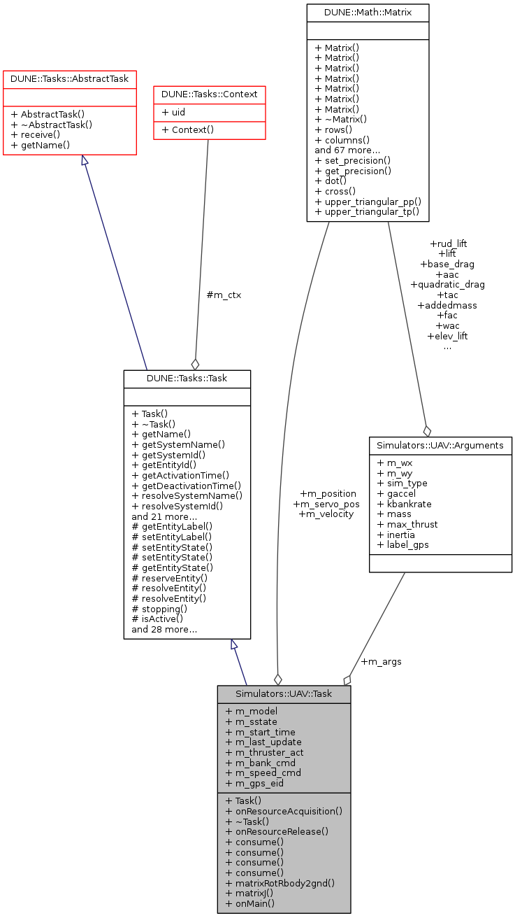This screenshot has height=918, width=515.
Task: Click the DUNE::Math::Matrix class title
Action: (368, 12)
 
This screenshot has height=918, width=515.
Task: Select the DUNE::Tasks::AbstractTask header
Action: (69, 78)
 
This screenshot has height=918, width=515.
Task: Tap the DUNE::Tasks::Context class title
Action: (209, 94)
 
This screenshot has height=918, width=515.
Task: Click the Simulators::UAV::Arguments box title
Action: (440, 445)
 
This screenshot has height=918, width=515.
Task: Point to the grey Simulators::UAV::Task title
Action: (283, 693)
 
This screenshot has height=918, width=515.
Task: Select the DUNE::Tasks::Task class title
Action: (187, 378)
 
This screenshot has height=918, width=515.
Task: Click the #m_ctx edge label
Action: (224, 295)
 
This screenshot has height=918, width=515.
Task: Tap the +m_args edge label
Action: (381, 661)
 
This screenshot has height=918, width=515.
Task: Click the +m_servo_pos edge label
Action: (326, 504)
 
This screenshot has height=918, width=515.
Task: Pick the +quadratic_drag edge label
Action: (447, 284)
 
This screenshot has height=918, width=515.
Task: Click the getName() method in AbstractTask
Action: (41, 145)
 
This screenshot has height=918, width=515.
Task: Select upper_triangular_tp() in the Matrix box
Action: (367, 211)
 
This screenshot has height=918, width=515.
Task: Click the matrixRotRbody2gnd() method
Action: (280, 882)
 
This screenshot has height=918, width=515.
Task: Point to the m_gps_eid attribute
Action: (255, 783)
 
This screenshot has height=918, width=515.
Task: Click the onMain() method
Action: (249, 903)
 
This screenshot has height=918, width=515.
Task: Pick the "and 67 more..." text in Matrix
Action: (347, 149)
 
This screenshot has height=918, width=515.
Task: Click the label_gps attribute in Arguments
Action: (402, 545)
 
